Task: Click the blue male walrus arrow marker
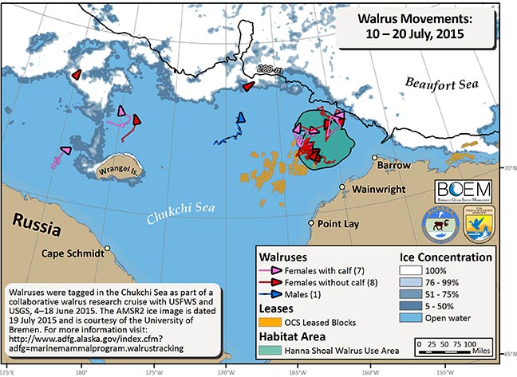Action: (242, 118)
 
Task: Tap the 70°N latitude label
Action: (508, 168)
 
